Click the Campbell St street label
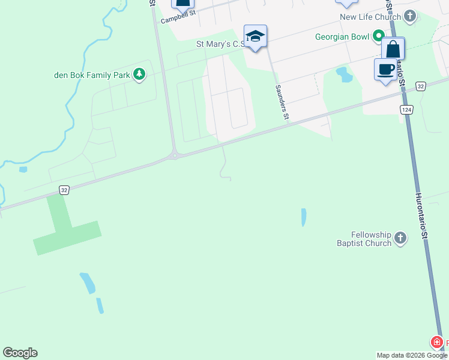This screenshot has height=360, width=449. (178, 16)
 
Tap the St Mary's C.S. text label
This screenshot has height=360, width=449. (219, 44)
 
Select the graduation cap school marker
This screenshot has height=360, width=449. (255, 37)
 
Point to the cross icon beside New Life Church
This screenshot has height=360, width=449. (410, 16)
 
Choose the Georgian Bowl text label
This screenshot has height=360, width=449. (342, 37)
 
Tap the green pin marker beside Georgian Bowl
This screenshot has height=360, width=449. (378, 36)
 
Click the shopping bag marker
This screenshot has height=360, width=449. (393, 49)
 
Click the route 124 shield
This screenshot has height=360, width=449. (407, 109)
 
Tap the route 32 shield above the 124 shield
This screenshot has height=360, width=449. (420, 86)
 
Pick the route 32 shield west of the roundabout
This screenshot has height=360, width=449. (64, 190)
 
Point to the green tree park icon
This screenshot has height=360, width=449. (139, 74)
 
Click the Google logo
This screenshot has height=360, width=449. (20, 353)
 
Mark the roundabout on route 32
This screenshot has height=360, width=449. (174, 156)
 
